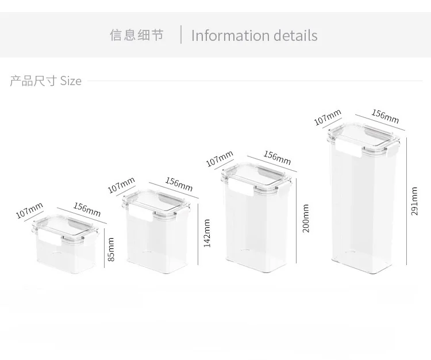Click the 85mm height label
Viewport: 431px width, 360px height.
coord(112,249)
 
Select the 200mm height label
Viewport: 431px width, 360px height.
coord(306,218)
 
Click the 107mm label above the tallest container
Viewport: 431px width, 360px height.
coord(328,117)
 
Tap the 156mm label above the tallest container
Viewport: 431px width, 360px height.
coord(385,116)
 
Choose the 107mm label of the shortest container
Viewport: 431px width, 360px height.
coord(29,210)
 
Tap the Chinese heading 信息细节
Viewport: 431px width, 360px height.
coord(137,35)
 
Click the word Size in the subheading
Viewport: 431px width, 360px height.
coord(71,81)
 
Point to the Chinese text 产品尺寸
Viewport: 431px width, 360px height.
coord(32,81)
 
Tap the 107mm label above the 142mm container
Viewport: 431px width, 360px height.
coord(121,185)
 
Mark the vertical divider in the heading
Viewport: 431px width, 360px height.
coord(181,35)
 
